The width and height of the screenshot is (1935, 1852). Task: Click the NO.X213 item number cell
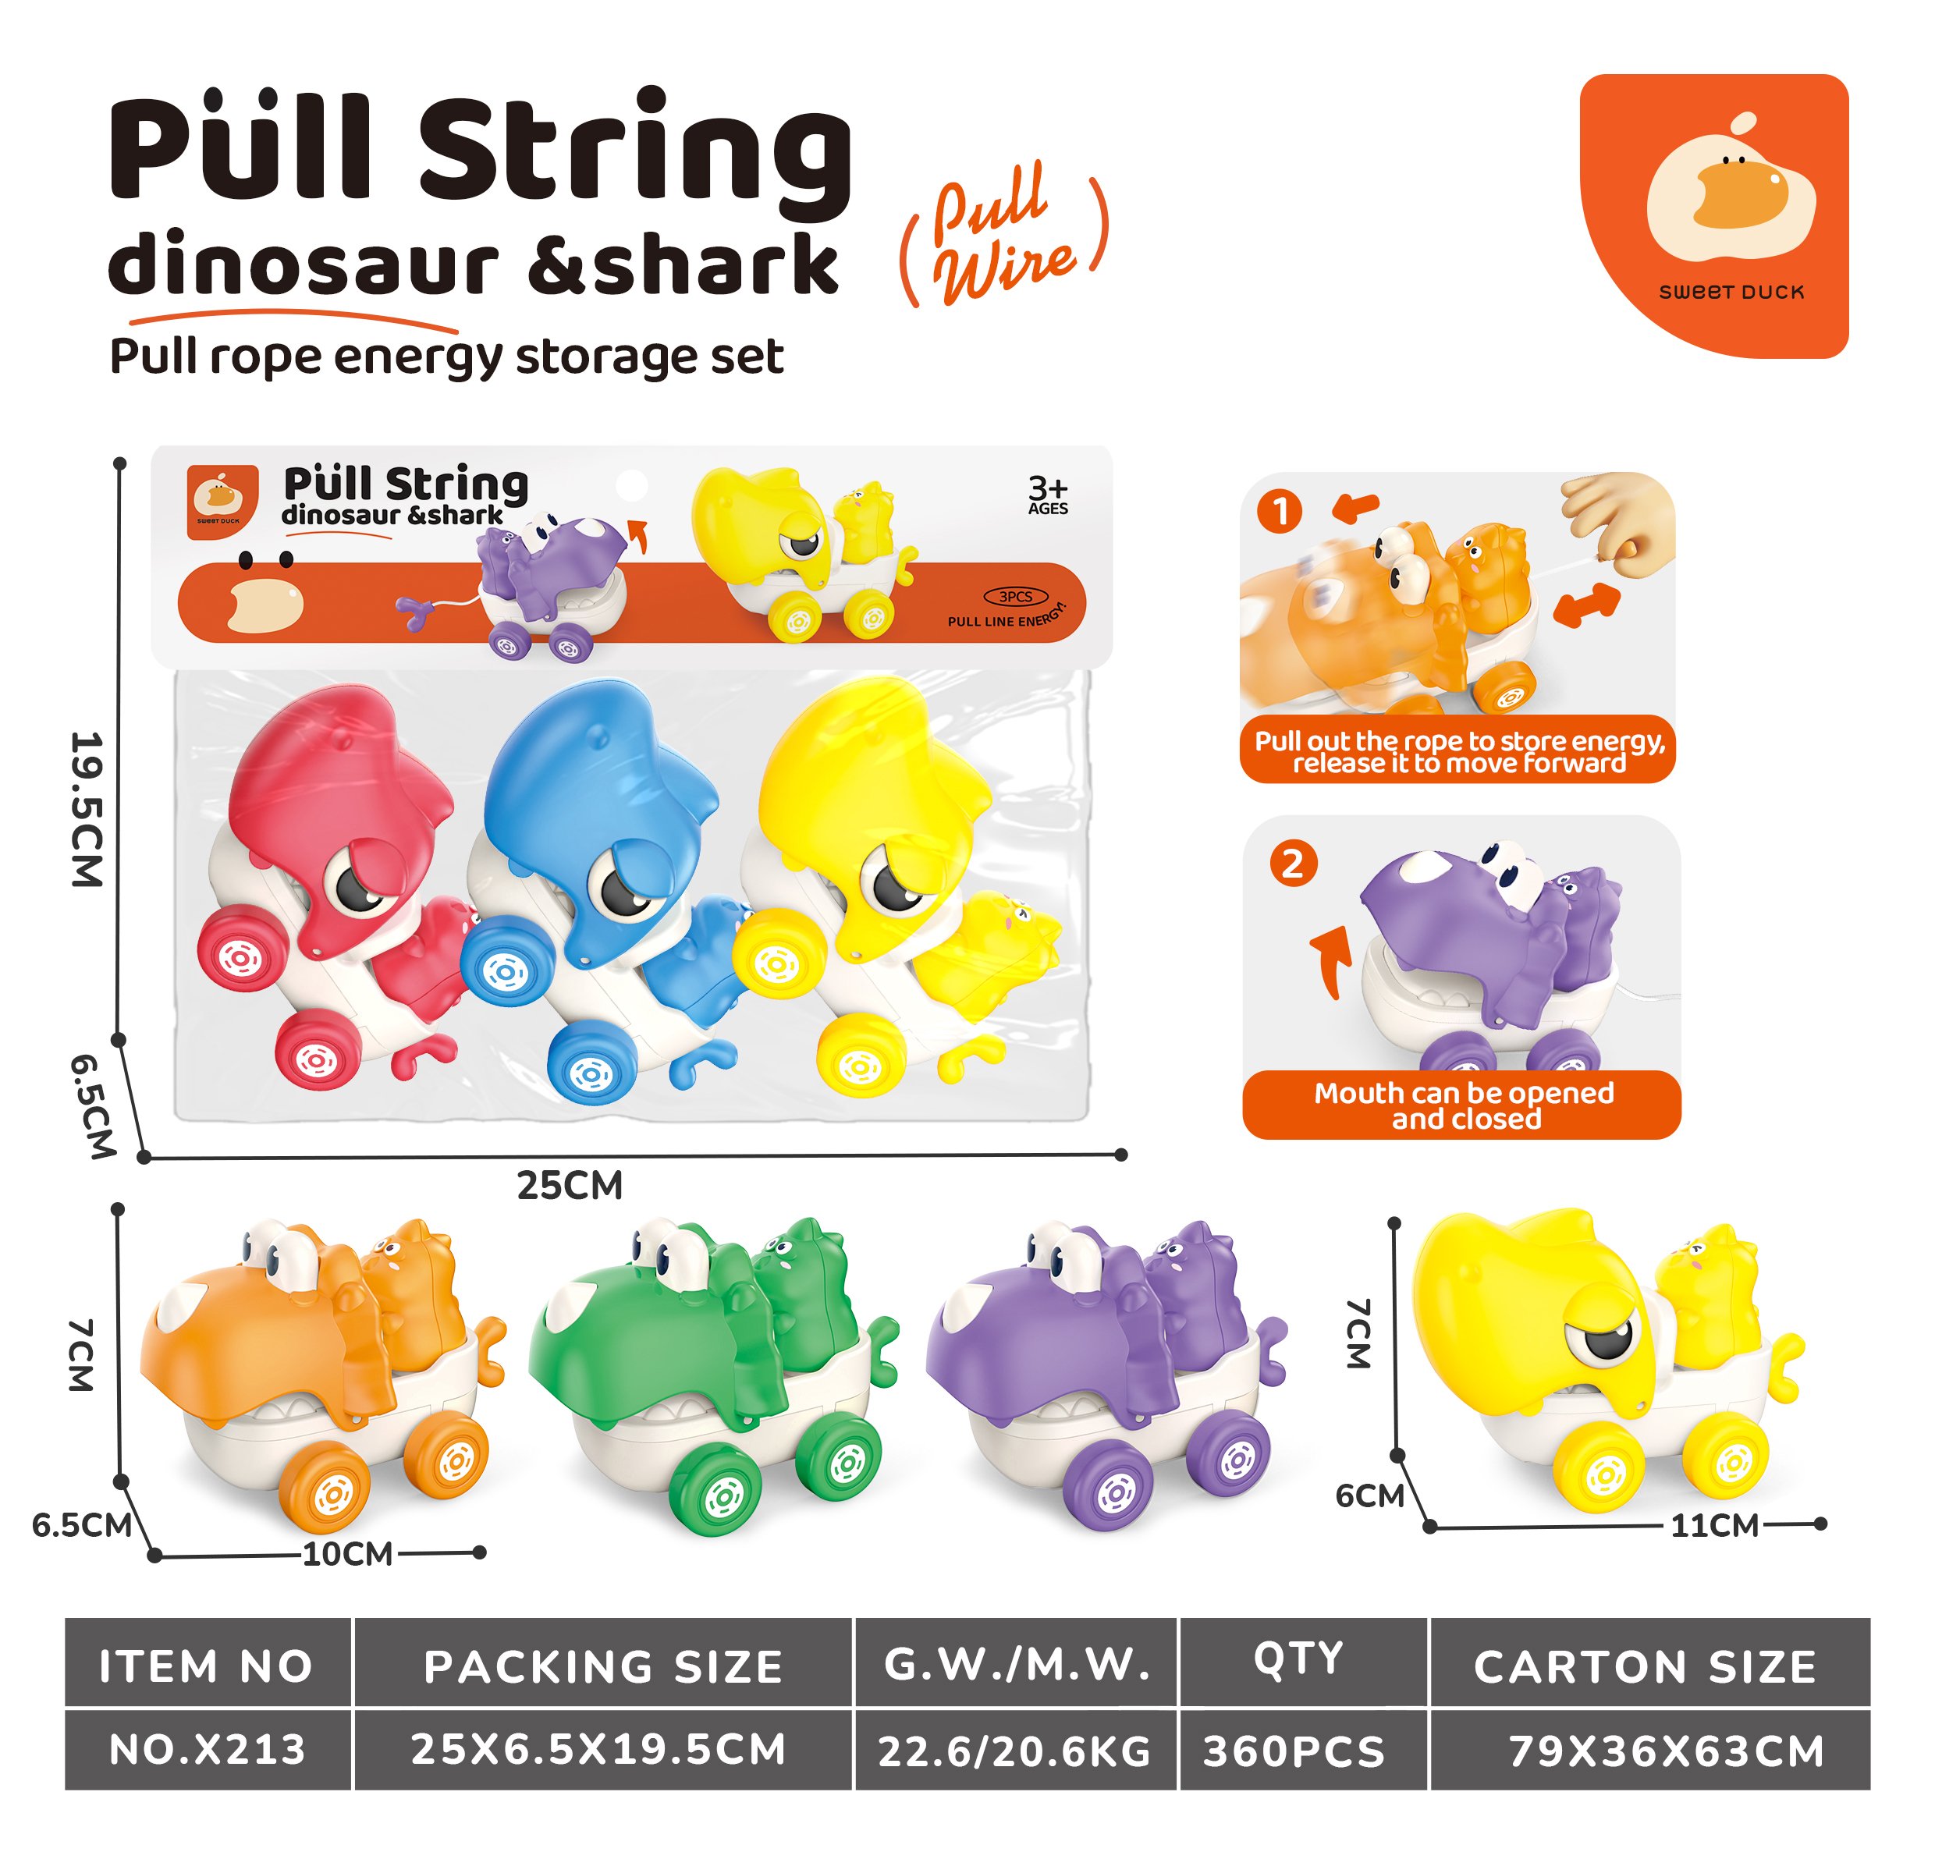pyautogui.click(x=208, y=1749)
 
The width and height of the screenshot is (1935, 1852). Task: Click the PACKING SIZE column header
pyautogui.click(x=603, y=1667)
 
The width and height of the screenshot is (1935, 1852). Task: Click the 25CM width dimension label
pyautogui.click(x=570, y=1186)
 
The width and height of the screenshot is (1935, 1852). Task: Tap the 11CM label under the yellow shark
pyautogui.click(x=1714, y=1525)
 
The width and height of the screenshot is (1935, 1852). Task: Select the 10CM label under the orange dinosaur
pyautogui.click(x=347, y=1554)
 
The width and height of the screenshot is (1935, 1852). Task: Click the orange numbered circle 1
pyautogui.click(x=1280, y=512)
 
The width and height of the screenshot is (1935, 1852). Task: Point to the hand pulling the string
pyautogui.click(x=1619, y=523)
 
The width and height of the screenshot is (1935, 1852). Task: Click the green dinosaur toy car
pyautogui.click(x=713, y=1373)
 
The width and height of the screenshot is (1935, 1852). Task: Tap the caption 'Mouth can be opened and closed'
pyautogui.click(x=1463, y=1105)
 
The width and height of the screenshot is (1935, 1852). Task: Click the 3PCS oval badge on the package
pyautogui.click(x=1015, y=596)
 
